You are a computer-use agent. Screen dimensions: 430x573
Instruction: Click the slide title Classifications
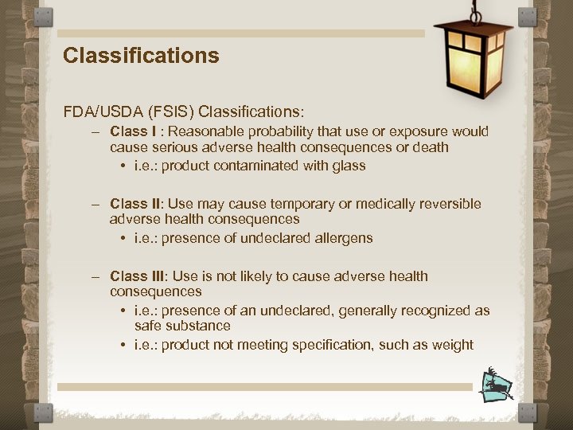pyautogui.click(x=141, y=56)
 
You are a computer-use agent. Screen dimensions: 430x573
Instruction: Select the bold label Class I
pyautogui.click(x=133, y=131)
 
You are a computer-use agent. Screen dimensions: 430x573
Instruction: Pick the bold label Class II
pyautogui.click(x=134, y=204)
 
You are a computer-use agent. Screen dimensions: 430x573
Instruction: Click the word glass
pyautogui.click(x=349, y=166)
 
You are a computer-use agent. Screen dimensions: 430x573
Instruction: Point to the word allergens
pyautogui.click(x=343, y=238)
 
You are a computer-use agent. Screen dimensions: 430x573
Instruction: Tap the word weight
pyautogui.click(x=454, y=345)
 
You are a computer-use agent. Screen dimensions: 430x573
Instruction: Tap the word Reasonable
pyautogui.click(x=208, y=131)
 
